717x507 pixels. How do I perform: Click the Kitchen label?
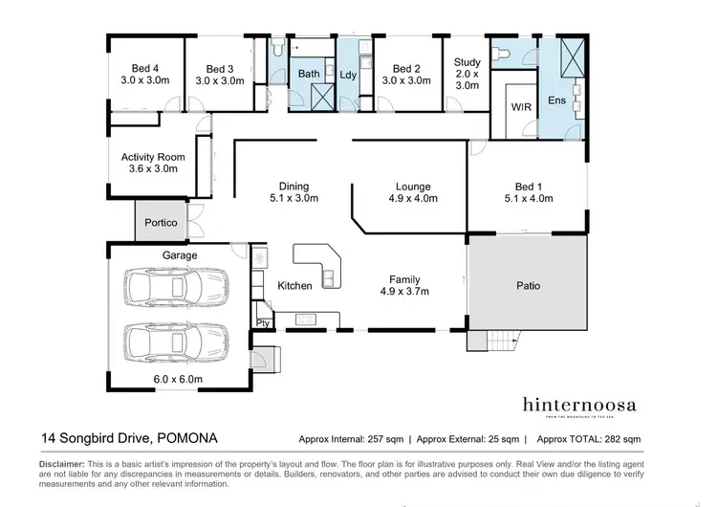[x=294, y=285]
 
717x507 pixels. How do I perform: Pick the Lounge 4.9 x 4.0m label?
[x=413, y=192]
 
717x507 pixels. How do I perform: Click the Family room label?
[x=404, y=284]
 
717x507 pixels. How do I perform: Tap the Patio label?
[x=528, y=285]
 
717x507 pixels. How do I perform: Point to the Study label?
[x=467, y=74]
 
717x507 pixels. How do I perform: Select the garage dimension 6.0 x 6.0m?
[x=180, y=379]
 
